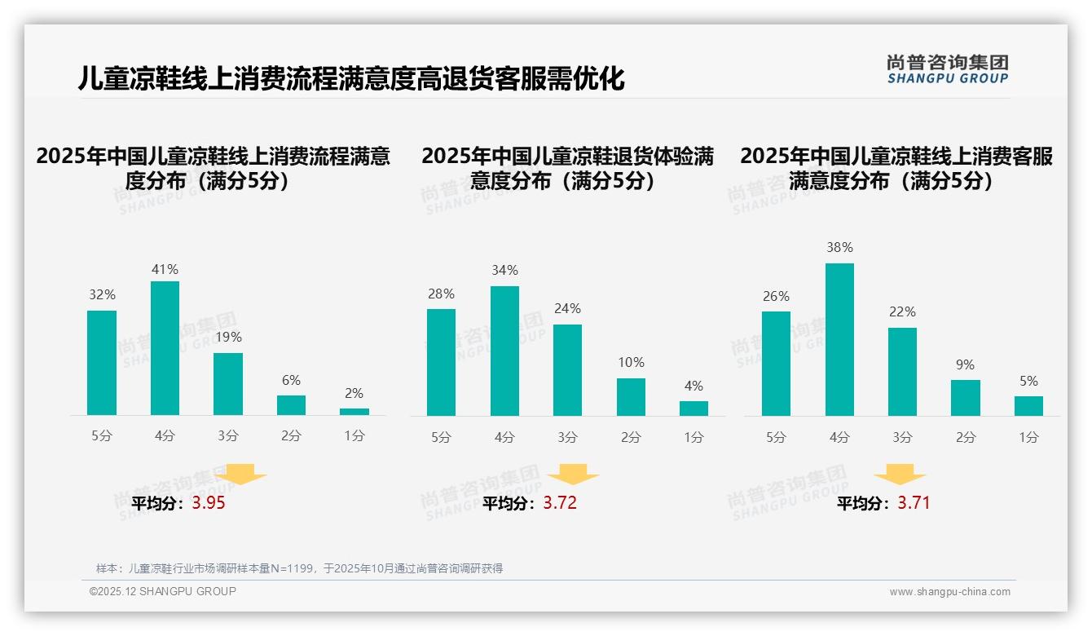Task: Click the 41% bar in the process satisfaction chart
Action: click(x=165, y=348)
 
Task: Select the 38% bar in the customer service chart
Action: click(x=839, y=339)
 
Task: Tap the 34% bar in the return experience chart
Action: click(x=504, y=351)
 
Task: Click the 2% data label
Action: click(x=354, y=393)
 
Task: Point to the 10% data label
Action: click(x=631, y=362)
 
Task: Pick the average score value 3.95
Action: click(x=209, y=503)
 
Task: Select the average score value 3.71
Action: click(x=914, y=503)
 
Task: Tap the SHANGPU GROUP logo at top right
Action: click(x=947, y=69)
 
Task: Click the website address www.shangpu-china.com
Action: click(x=949, y=592)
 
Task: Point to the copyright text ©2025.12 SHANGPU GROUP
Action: click(x=163, y=591)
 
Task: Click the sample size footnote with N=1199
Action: click(x=299, y=568)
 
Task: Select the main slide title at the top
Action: click(x=351, y=78)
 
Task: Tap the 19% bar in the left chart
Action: click(x=228, y=384)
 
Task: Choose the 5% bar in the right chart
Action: click(x=1028, y=406)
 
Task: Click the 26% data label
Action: click(x=776, y=297)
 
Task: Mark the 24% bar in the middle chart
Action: click(x=567, y=370)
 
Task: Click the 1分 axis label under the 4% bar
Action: click(x=694, y=437)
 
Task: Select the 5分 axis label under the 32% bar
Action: click(x=102, y=435)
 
